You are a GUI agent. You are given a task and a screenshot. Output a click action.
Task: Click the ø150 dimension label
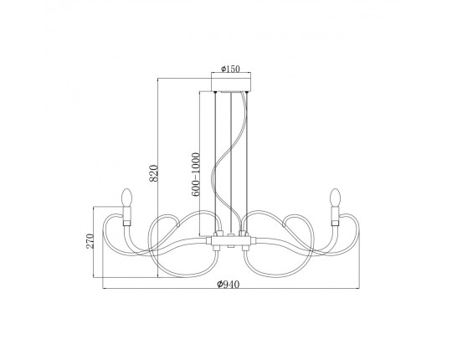(230, 69)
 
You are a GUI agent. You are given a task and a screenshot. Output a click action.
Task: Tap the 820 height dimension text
(154, 173)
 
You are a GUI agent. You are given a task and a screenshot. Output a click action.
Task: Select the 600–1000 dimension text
(196, 174)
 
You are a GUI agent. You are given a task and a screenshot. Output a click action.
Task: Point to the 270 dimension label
(90, 241)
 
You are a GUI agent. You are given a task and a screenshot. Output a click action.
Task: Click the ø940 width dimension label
(228, 285)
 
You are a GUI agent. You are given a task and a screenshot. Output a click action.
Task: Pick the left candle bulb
(126, 198)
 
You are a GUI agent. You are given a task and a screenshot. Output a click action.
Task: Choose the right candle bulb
(336, 198)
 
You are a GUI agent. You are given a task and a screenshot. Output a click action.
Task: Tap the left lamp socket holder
(126, 213)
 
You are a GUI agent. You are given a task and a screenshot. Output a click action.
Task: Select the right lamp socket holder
(335, 213)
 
